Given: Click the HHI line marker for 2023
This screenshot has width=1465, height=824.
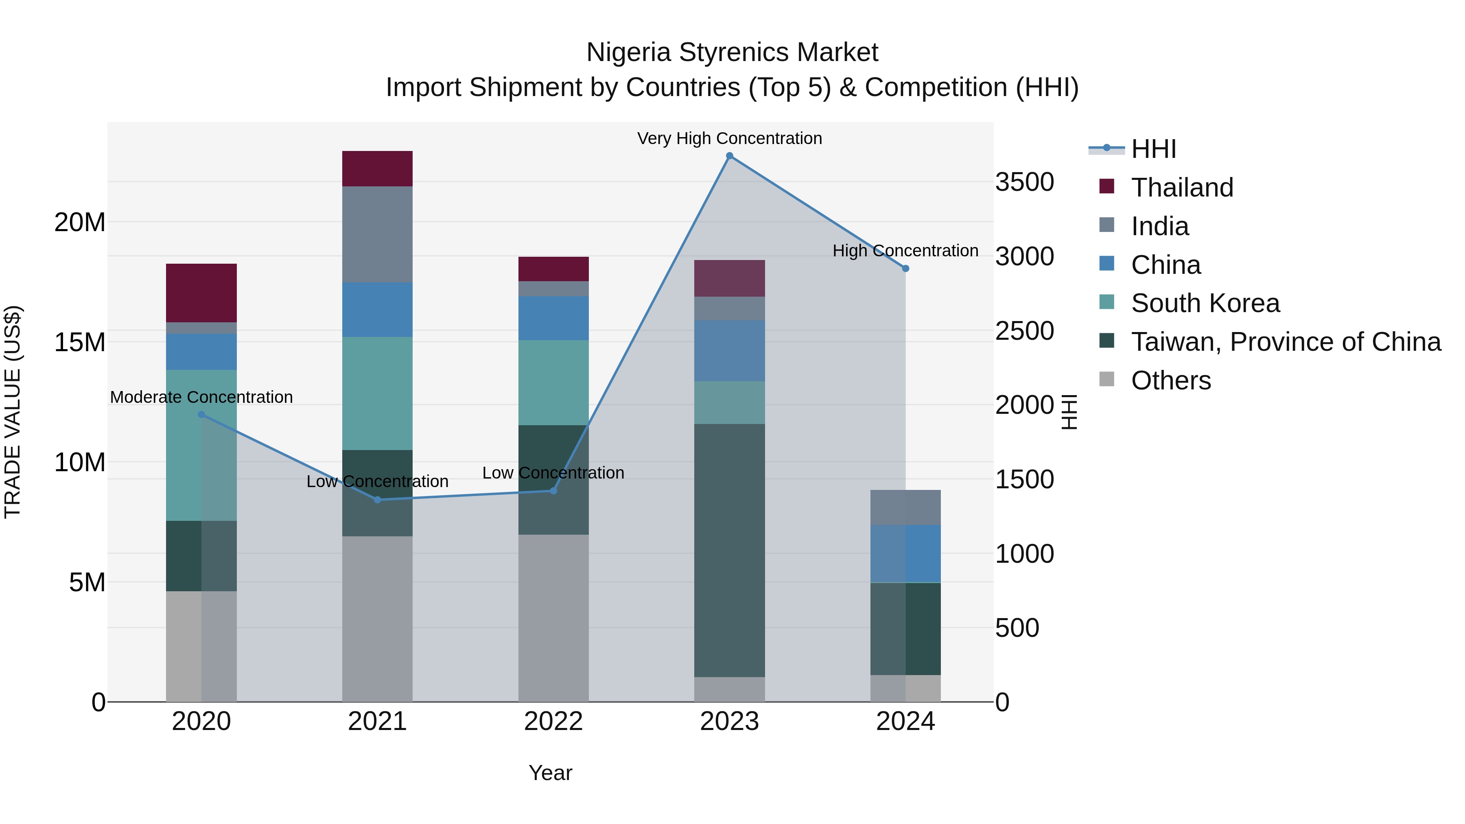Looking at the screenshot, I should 730,156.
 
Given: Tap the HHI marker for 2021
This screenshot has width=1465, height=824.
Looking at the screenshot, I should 378,500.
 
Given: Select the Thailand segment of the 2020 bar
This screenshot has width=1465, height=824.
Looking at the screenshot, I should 201,293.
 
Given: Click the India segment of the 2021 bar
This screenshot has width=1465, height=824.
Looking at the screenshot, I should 378,234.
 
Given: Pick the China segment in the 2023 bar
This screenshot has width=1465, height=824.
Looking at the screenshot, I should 730,350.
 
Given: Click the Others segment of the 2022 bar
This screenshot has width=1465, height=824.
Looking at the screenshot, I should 553,618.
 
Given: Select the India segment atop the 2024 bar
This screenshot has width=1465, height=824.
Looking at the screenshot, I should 905,507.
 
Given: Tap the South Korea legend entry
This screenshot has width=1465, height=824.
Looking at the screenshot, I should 1205,303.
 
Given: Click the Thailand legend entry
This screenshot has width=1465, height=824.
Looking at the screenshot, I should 1182,188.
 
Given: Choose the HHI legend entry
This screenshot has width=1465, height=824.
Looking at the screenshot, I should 1153,149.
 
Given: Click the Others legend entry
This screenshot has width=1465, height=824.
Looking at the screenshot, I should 1170,380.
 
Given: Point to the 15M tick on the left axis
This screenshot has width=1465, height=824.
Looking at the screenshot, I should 80,342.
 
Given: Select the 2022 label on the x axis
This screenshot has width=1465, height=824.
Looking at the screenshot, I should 553,721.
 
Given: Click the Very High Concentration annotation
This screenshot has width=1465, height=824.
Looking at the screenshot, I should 730,138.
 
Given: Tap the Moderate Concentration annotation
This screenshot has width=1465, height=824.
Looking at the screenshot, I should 201,397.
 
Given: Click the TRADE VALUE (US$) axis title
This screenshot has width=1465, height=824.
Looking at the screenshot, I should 13,412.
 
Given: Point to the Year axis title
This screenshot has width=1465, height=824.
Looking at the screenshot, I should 550,773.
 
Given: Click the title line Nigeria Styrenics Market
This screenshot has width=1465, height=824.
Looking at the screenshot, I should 732,52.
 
